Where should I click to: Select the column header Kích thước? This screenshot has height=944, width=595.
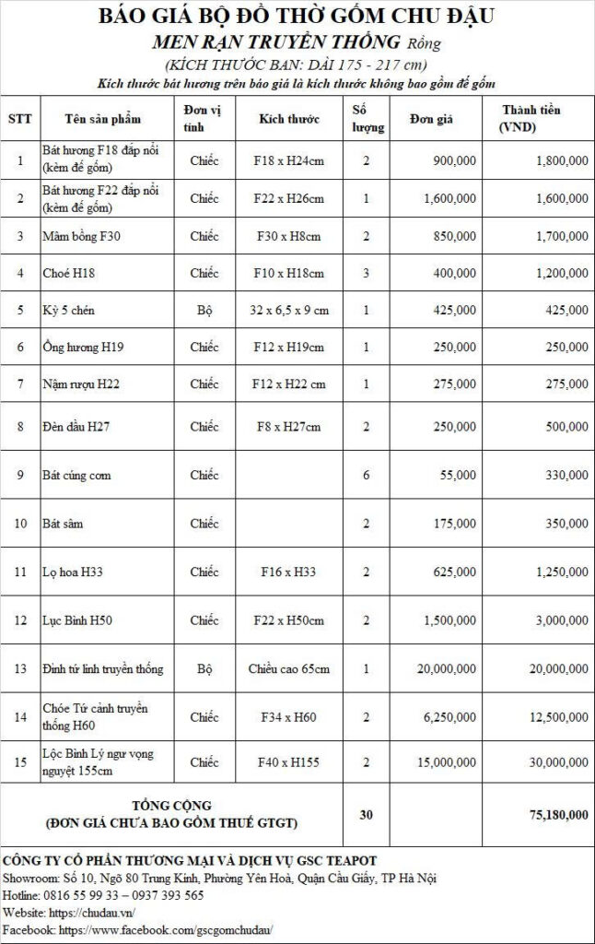(288, 120)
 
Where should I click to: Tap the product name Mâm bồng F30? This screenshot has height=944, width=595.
(81, 236)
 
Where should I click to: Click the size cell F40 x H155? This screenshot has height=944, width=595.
(288, 762)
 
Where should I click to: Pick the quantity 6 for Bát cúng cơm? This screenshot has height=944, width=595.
(367, 475)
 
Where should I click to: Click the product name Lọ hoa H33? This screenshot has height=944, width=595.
(73, 572)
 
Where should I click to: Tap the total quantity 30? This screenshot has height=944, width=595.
(367, 814)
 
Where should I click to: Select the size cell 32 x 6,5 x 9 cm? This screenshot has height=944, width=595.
(288, 311)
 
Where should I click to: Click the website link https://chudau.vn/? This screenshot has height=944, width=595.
(95, 912)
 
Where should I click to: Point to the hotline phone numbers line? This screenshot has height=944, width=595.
(104, 894)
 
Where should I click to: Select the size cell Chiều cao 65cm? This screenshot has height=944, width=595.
(288, 668)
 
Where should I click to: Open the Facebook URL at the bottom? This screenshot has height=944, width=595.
(166, 929)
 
